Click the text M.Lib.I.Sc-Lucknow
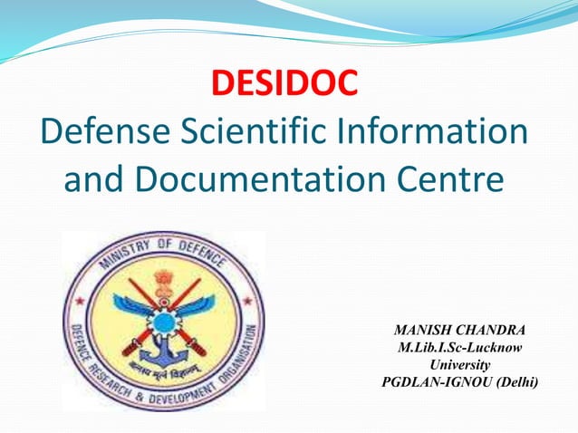tap(460, 347)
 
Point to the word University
tap(460, 364)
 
